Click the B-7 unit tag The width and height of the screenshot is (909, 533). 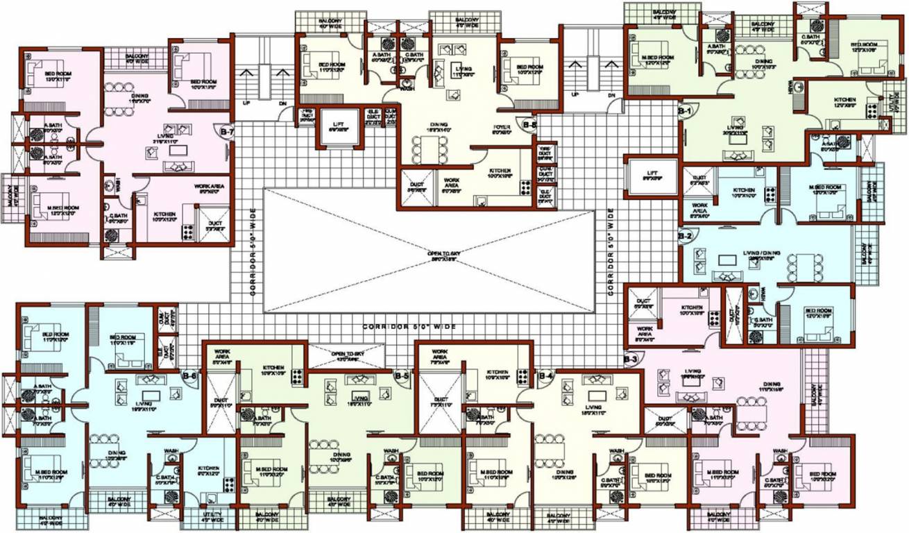coord(227,131)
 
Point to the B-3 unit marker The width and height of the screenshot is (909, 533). coord(631,359)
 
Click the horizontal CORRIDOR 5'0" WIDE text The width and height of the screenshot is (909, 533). coord(408,326)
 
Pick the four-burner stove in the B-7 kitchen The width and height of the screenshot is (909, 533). coord(187,232)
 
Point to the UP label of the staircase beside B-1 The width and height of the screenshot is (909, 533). coord(574,95)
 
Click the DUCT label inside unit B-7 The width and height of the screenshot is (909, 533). coord(215,223)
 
